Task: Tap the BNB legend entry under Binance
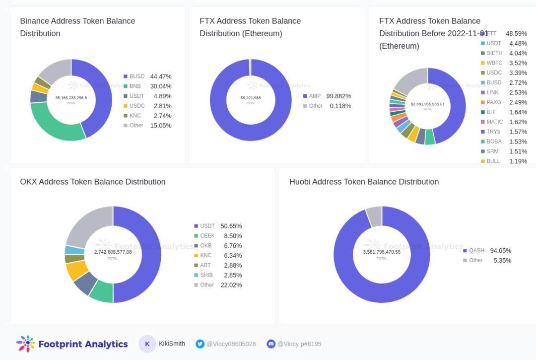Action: pyautogui.click(x=134, y=86)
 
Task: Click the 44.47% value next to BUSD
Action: pyautogui.click(x=161, y=76)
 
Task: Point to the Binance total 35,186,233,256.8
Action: pyautogui.click(x=71, y=98)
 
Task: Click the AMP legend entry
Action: pyautogui.click(x=315, y=96)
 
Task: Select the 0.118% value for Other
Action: pyautogui.click(x=340, y=106)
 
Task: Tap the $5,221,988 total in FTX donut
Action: pyautogui.click(x=251, y=98)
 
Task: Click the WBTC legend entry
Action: pyautogui.click(x=494, y=63)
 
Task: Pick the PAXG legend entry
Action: pyautogui.click(x=493, y=102)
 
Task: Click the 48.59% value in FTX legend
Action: pyautogui.click(x=516, y=33)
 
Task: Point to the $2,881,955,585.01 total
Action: pyautogui.click(x=427, y=104)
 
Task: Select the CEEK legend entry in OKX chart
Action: pyautogui.click(x=207, y=236)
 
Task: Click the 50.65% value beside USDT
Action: pyautogui.click(x=231, y=226)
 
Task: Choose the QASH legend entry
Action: pyautogui.click(x=476, y=251)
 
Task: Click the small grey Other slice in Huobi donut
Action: pyautogui.click(x=374, y=216)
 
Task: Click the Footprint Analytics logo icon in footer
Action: pyautogui.click(x=25, y=344)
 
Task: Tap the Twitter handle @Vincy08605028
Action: pyautogui.click(x=231, y=344)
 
